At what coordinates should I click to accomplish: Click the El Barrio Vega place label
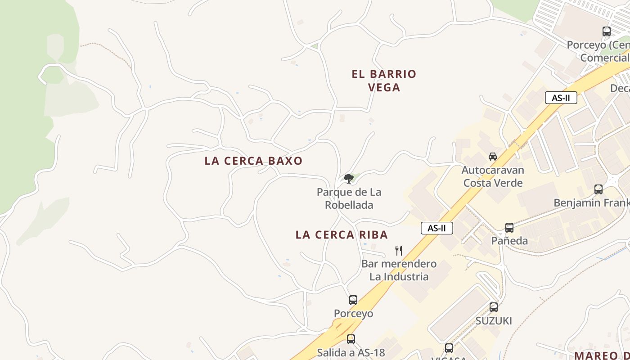384,81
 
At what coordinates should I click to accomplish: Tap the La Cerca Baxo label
253,161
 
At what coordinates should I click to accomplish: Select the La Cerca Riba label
342,234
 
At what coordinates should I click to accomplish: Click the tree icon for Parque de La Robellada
348,179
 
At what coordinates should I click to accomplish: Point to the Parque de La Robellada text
349,198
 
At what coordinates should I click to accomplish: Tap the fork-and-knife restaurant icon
398,251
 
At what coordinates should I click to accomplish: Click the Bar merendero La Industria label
399,270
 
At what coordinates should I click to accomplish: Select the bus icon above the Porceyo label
353,300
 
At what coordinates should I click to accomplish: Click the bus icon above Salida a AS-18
351,339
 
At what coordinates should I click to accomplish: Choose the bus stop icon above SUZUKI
494,307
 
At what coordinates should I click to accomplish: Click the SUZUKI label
494,321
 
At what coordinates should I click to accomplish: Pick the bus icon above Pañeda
509,228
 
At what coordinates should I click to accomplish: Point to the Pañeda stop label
509,241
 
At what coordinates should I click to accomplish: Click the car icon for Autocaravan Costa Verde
493,157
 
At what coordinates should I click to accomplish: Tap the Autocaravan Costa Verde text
493,176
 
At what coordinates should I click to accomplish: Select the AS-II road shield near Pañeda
436,228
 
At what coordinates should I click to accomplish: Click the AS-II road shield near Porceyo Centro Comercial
561,98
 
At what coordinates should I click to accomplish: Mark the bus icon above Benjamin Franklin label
598,189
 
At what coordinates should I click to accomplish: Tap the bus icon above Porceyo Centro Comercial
607,31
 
